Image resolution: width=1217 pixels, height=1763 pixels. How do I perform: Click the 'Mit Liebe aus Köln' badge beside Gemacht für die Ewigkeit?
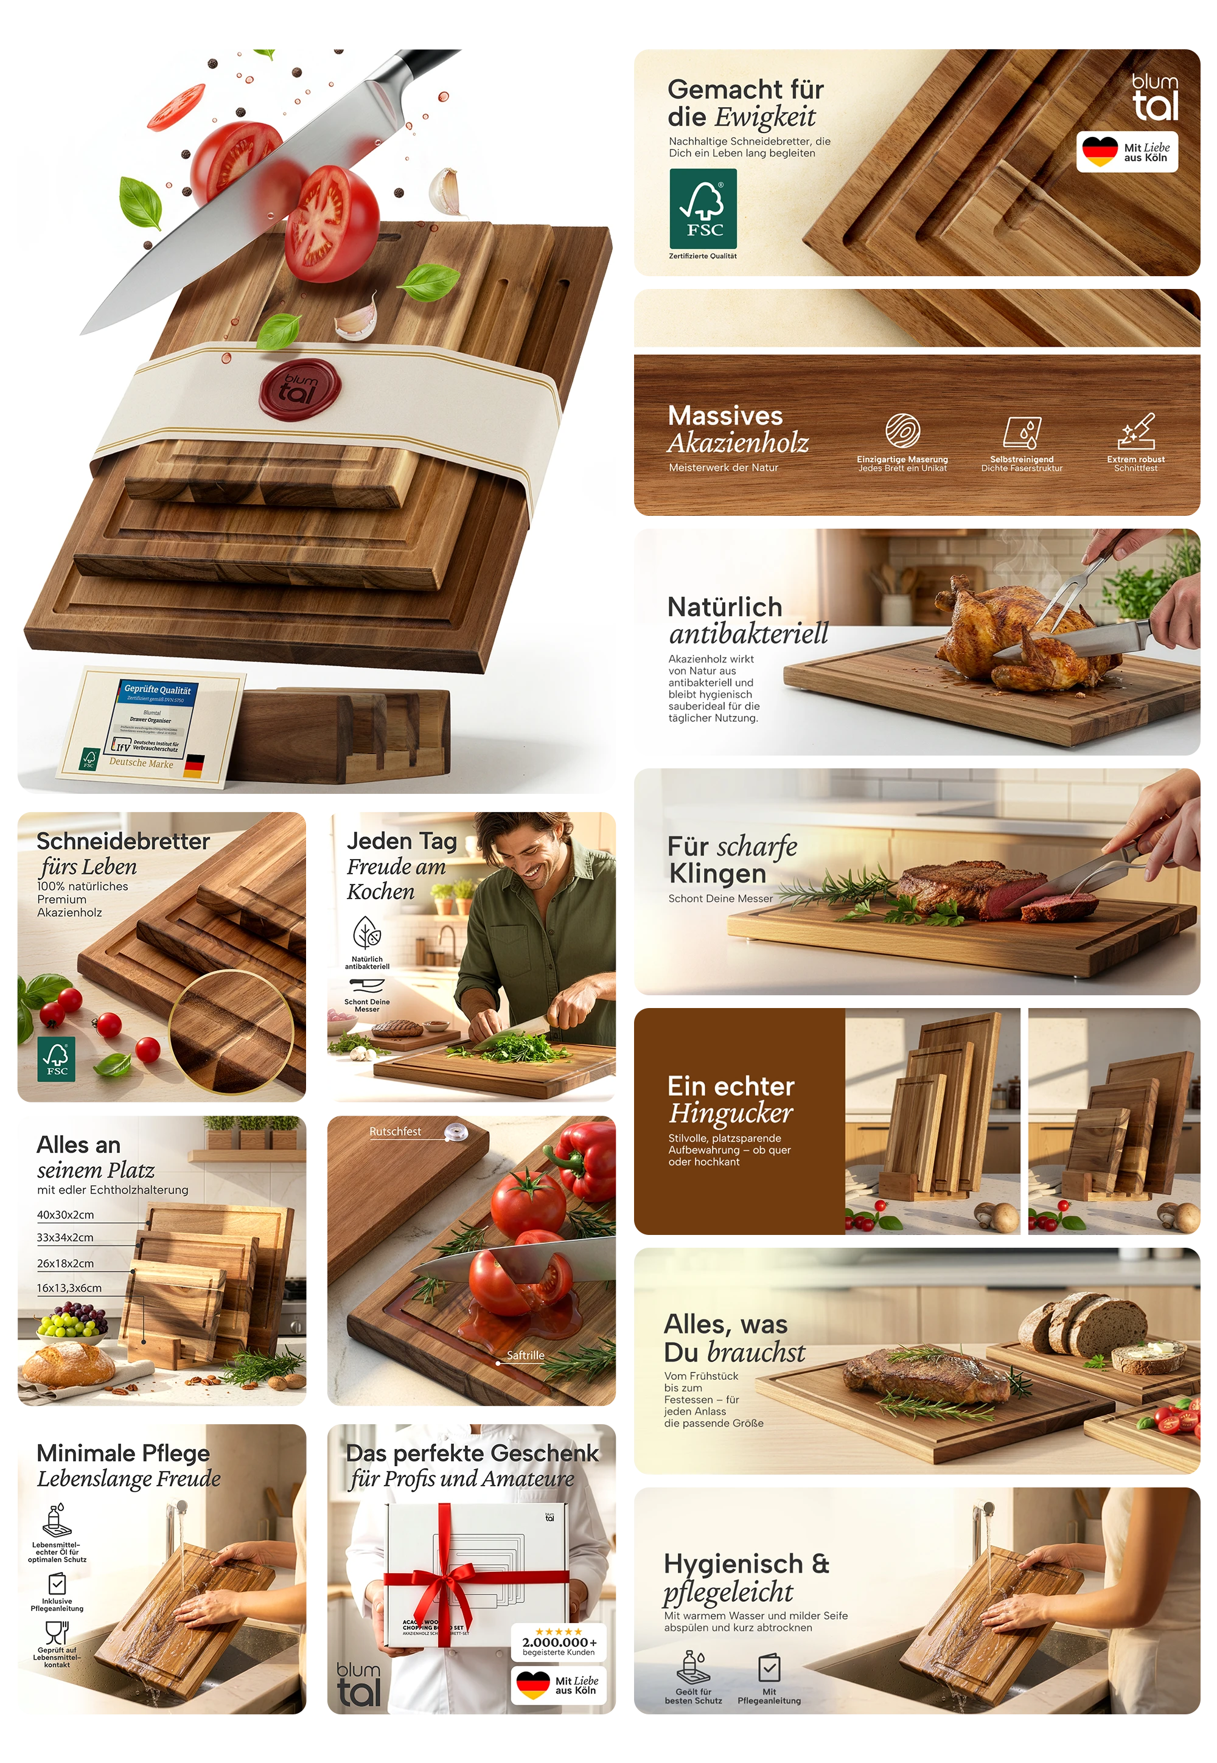[1127, 151]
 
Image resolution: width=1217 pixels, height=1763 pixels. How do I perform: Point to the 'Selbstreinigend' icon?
[1022, 432]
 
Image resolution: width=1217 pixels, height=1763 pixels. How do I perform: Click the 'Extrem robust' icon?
[1136, 432]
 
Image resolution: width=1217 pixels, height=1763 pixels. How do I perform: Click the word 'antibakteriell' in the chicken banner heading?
[748, 633]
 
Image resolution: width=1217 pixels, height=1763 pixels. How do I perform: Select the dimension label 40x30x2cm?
[66, 1215]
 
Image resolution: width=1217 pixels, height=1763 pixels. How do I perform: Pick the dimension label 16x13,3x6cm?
[69, 1288]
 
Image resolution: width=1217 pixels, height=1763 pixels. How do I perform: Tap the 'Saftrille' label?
[525, 1355]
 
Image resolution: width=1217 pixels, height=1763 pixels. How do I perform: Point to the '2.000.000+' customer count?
[559, 1643]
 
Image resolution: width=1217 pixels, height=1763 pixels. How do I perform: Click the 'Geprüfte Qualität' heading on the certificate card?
[158, 690]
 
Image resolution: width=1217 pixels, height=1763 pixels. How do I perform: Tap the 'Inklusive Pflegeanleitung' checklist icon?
[57, 1583]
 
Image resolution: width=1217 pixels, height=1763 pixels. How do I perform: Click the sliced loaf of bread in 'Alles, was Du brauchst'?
[1083, 1320]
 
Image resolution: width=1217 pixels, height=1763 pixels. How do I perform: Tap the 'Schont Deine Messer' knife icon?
[367, 986]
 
